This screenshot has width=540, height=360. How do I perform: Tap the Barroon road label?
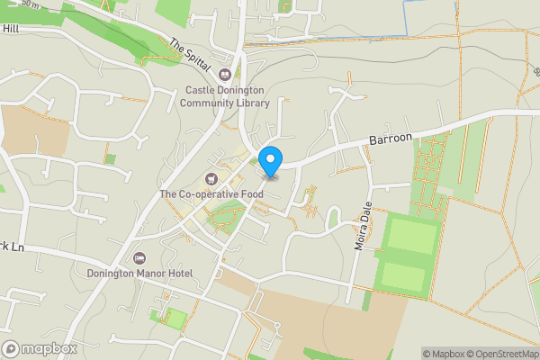click(x=390, y=139)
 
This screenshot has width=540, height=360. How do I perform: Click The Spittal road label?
click(x=189, y=55)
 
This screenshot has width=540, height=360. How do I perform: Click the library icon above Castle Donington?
click(x=226, y=75)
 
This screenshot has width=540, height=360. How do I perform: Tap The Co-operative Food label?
click(x=211, y=193)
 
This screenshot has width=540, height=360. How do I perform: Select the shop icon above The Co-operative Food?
click(x=211, y=178)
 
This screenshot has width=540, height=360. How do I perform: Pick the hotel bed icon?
click(x=139, y=258)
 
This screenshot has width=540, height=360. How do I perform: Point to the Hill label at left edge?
click(x=10, y=29)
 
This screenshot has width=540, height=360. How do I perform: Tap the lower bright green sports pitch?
click(x=402, y=276)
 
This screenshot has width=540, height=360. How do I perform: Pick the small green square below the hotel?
click(x=176, y=319)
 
